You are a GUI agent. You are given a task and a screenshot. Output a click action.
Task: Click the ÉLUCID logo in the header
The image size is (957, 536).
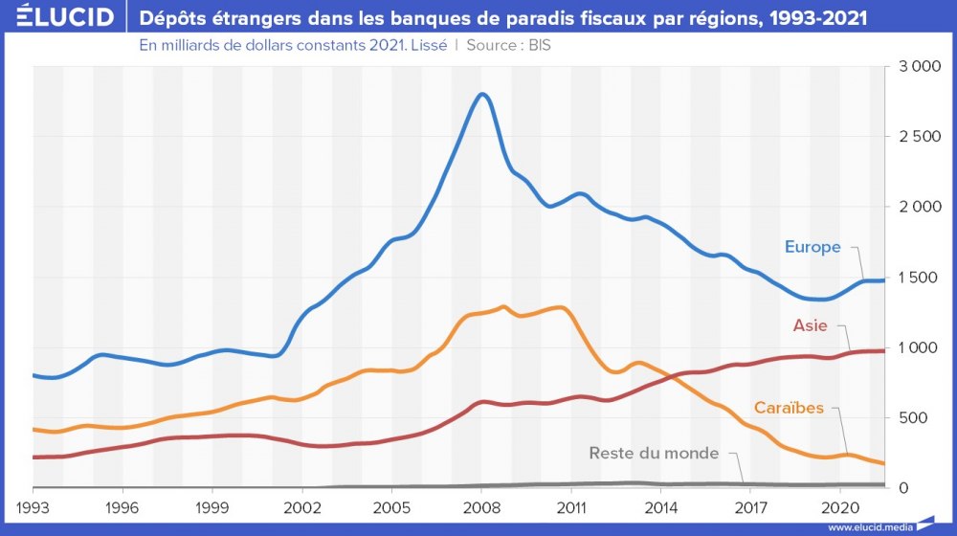59,17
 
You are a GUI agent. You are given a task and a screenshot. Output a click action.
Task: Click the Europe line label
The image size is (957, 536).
812,247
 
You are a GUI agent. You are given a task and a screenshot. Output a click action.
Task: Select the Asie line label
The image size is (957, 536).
810,325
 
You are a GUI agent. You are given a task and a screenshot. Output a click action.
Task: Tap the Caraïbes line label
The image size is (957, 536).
789,408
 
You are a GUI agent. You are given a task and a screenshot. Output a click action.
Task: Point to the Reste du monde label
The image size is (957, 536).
653,453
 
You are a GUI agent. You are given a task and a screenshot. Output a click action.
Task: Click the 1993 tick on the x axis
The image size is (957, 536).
33,504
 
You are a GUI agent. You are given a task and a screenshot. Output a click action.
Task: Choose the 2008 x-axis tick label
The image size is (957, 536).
481,504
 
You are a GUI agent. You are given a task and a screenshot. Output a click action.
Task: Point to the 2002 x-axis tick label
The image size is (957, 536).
302,504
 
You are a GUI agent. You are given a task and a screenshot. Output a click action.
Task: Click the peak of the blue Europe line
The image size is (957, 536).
482,94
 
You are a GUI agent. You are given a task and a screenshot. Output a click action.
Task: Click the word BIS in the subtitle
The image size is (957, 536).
540,45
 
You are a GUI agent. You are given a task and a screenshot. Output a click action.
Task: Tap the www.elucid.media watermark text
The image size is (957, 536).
870,527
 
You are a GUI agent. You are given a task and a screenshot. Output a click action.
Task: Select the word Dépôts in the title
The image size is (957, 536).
169,17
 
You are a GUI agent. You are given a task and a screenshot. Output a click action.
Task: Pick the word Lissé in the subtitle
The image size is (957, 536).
428,45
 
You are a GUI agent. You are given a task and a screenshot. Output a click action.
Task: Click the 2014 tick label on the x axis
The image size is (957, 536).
660,504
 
